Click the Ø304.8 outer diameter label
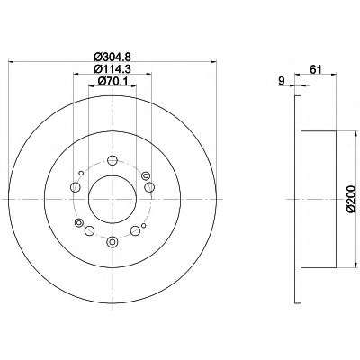112,56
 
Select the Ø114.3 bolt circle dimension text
112,68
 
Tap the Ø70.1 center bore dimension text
112,81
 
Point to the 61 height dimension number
316,69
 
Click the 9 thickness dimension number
282,81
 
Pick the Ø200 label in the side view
352,200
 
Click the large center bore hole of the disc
112,200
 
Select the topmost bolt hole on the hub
112,160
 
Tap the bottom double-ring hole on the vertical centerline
112,242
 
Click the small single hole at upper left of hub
81,173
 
